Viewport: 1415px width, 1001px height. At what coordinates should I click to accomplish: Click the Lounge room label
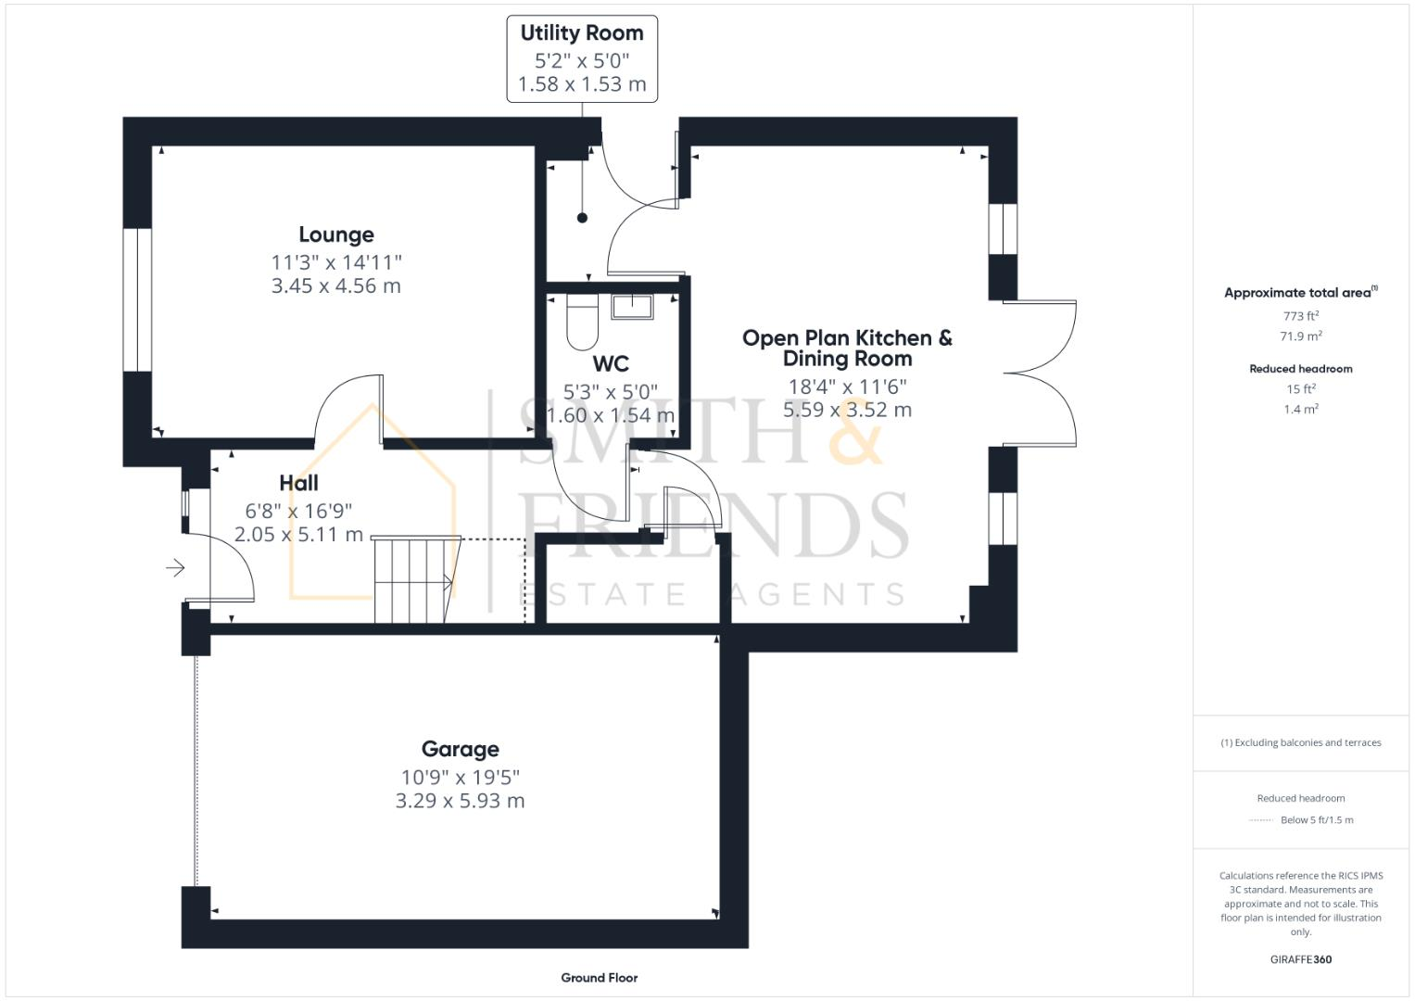(335, 234)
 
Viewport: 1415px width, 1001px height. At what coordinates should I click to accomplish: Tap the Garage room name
(460, 749)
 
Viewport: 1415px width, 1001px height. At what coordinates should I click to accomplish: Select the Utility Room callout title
(582, 33)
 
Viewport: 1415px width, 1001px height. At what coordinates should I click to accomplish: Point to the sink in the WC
(633, 306)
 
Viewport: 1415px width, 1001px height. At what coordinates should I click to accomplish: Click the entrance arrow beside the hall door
(175, 567)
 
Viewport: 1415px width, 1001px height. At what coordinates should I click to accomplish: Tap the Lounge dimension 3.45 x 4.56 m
(335, 286)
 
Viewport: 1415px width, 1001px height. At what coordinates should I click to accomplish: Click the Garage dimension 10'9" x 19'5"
(460, 777)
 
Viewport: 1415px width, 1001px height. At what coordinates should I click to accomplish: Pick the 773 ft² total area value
(1300, 316)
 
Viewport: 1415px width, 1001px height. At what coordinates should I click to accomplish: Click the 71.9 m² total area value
(1300, 336)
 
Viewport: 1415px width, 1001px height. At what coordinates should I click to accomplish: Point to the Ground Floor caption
(599, 978)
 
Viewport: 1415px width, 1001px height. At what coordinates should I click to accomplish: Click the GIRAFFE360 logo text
(1300, 959)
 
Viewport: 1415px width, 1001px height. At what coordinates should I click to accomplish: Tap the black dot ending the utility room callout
(582, 218)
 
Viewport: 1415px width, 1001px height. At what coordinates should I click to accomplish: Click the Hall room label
(298, 483)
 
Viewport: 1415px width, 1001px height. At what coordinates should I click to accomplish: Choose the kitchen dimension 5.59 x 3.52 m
(847, 410)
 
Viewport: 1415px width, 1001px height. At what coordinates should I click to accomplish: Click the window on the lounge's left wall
(137, 300)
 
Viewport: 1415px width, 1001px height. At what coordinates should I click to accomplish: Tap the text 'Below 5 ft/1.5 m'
(1316, 820)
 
